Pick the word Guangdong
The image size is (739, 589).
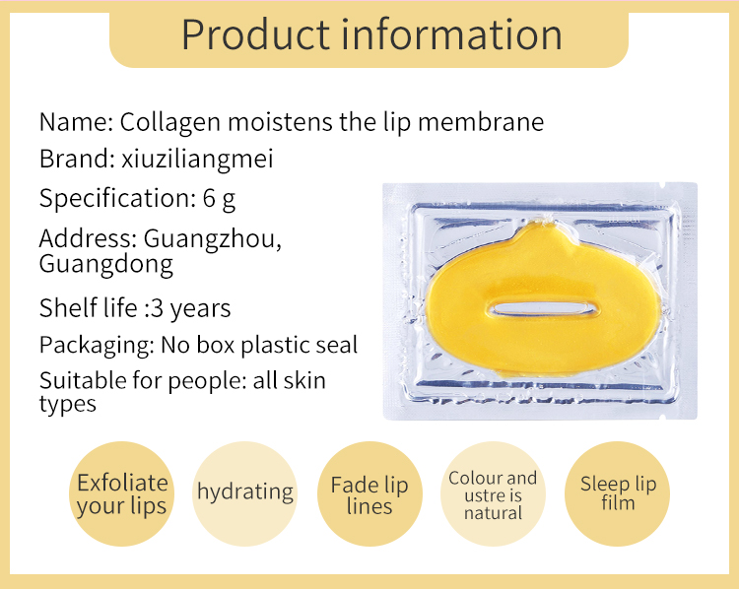point(105,264)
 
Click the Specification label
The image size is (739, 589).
point(111,198)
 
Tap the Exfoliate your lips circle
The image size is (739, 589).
point(122,494)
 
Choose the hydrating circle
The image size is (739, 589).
point(245,492)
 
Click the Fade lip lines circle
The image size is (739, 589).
point(369,495)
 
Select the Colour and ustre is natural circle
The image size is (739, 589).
point(493,494)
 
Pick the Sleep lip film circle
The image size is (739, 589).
point(618,493)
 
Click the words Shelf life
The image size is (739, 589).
point(86,307)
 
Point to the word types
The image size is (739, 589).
point(68,404)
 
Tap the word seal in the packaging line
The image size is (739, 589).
point(336,346)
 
